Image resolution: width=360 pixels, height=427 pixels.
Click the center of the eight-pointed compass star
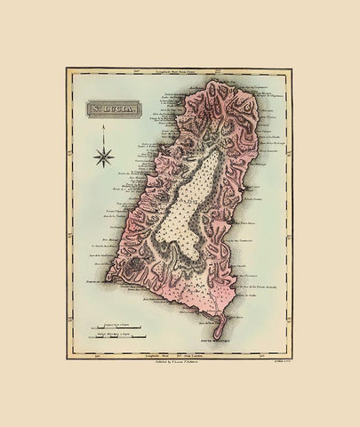click(105, 158)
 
